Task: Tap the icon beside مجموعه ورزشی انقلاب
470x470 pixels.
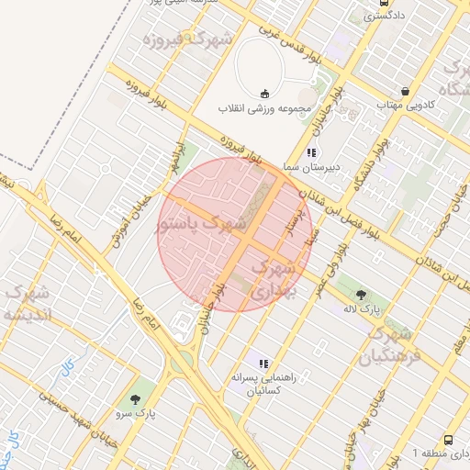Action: point(265,93)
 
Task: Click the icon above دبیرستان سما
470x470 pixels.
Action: point(311,152)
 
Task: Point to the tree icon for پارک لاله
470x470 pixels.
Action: point(361,294)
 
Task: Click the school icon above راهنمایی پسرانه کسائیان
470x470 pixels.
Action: point(263,364)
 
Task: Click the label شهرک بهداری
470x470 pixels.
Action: point(273,279)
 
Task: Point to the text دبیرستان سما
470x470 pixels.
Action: point(311,167)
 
